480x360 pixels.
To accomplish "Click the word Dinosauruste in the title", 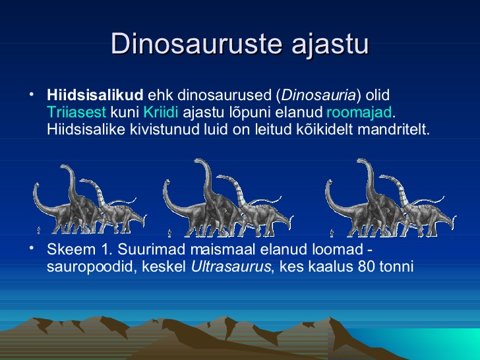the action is click(x=196, y=43).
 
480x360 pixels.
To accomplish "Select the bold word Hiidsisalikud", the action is click(x=95, y=95).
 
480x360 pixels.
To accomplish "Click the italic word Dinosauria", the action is click(x=318, y=95).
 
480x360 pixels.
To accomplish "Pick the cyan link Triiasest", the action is click(x=76, y=112).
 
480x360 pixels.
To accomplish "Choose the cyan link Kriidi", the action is click(x=161, y=112).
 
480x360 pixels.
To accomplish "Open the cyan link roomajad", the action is click(x=359, y=113).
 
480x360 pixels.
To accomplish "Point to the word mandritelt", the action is click(x=394, y=129).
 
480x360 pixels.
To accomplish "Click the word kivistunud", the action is click(x=165, y=129).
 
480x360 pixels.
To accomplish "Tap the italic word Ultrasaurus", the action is click(x=231, y=266).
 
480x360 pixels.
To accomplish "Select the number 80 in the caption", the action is click(x=366, y=266).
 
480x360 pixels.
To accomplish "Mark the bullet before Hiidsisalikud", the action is click(x=31, y=94).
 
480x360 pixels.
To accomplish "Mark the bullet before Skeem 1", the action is click(x=31, y=249).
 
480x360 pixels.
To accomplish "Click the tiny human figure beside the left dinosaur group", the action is click(x=38, y=230).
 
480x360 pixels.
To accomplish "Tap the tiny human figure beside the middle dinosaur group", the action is click(x=169, y=233).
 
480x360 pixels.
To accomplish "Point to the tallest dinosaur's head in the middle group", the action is click(x=200, y=162).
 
